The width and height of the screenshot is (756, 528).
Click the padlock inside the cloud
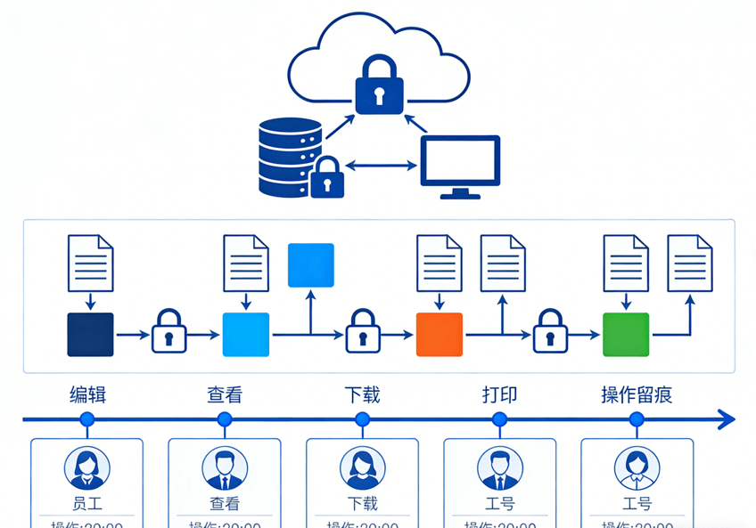[379, 86]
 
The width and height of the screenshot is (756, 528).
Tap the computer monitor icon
[460, 165]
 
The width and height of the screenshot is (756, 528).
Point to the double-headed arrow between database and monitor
[382, 165]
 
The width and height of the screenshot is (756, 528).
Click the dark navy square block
[91, 335]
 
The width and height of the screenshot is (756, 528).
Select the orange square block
[440, 335]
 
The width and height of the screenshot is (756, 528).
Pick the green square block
[626, 335]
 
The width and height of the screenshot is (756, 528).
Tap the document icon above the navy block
[91, 263]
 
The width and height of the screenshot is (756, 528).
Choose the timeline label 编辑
[88, 394]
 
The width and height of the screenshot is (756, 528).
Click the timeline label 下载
[363, 394]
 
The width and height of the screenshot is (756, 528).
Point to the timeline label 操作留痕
[637, 394]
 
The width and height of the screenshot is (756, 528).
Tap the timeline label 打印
[500, 394]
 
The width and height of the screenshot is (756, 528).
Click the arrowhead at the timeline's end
[727, 418]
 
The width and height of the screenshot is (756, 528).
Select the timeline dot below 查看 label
[225, 419]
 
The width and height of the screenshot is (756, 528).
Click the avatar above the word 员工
[87, 467]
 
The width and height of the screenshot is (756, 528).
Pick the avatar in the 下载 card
[363, 467]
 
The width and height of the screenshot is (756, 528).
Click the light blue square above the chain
[311, 264]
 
